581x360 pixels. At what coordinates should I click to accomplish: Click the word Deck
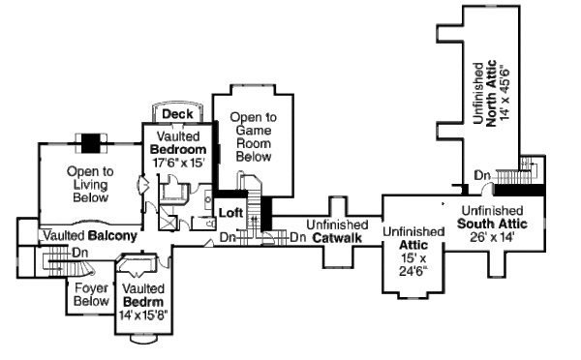175,114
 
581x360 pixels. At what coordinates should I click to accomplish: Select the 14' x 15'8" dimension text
142,315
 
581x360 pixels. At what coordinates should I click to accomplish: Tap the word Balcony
112,235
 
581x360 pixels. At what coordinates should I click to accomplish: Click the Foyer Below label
91,293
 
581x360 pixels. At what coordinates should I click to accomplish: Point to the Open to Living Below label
89,184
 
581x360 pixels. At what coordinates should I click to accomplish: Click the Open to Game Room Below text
253,136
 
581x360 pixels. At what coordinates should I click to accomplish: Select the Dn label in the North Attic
481,175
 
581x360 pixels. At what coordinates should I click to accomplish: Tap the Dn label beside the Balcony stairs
81,254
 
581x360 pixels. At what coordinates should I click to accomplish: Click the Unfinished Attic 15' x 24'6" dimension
412,264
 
